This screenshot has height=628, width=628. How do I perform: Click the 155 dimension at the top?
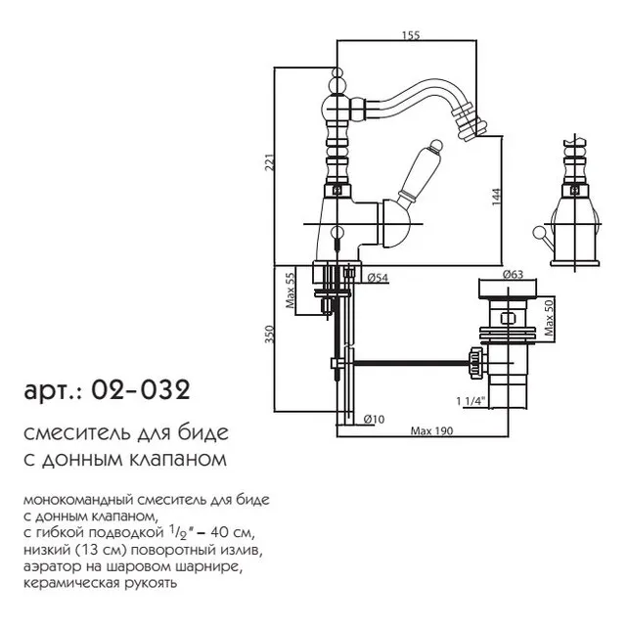(x=411, y=35)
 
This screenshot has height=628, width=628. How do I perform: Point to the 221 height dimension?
(x=270, y=162)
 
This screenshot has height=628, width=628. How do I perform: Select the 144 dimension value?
(x=496, y=197)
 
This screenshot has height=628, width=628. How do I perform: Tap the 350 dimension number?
(x=270, y=334)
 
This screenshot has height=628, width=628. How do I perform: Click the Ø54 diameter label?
(x=378, y=277)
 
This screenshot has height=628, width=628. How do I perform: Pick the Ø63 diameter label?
(x=513, y=274)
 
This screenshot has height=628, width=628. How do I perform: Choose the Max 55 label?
(x=291, y=290)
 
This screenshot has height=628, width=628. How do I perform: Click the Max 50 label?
(x=549, y=318)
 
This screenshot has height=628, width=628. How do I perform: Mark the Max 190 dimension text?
(x=431, y=431)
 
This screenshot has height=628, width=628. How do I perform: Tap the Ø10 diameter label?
(x=374, y=419)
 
